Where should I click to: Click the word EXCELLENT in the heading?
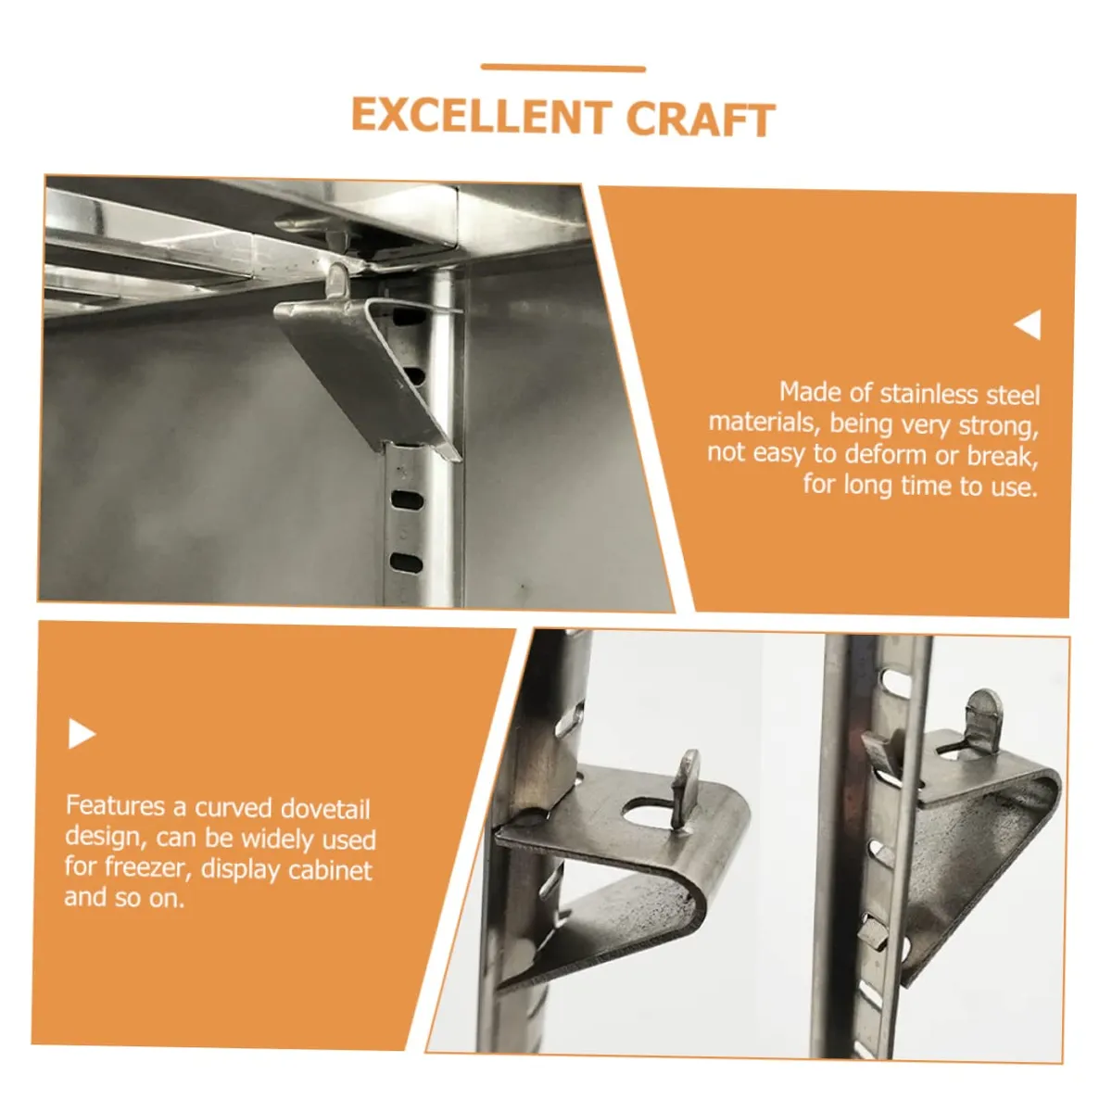click(x=481, y=116)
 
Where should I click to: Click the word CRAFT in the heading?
click(x=700, y=119)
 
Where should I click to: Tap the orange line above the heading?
click(x=562, y=68)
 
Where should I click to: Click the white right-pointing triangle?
click(x=82, y=733)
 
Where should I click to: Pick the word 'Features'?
click(x=116, y=805)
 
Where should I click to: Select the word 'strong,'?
click(x=999, y=426)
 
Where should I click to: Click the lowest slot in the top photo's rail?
click(x=406, y=562)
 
